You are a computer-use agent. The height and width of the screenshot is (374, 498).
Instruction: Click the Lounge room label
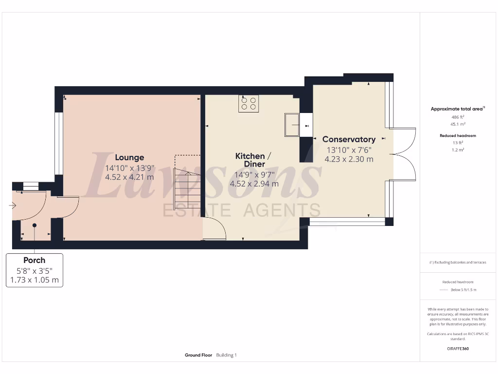[129, 157]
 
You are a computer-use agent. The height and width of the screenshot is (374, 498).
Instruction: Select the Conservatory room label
[349, 139]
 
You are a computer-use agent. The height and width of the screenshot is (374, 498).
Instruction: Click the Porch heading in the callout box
[34, 260]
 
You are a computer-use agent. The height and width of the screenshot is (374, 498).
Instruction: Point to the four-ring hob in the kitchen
[249, 103]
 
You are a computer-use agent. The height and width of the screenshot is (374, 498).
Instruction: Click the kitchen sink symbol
[292, 126]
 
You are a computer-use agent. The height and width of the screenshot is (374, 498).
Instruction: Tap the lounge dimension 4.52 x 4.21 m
[129, 177]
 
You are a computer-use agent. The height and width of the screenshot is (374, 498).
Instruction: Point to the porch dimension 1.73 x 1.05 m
[34, 280]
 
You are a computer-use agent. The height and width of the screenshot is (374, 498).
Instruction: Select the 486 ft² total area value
[457, 117]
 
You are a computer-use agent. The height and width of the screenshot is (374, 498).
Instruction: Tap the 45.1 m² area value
[457, 124]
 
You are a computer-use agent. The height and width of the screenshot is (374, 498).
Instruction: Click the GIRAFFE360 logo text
[457, 349]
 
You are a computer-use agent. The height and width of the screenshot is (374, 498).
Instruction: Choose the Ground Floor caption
[198, 355]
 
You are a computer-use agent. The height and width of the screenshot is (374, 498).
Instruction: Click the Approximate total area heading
[456, 109]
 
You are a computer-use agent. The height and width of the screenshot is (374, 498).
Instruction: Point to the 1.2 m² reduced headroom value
[457, 150]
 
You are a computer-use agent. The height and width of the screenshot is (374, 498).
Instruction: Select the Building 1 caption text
[226, 355]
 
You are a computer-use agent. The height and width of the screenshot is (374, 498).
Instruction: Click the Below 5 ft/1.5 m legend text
[463, 290]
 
